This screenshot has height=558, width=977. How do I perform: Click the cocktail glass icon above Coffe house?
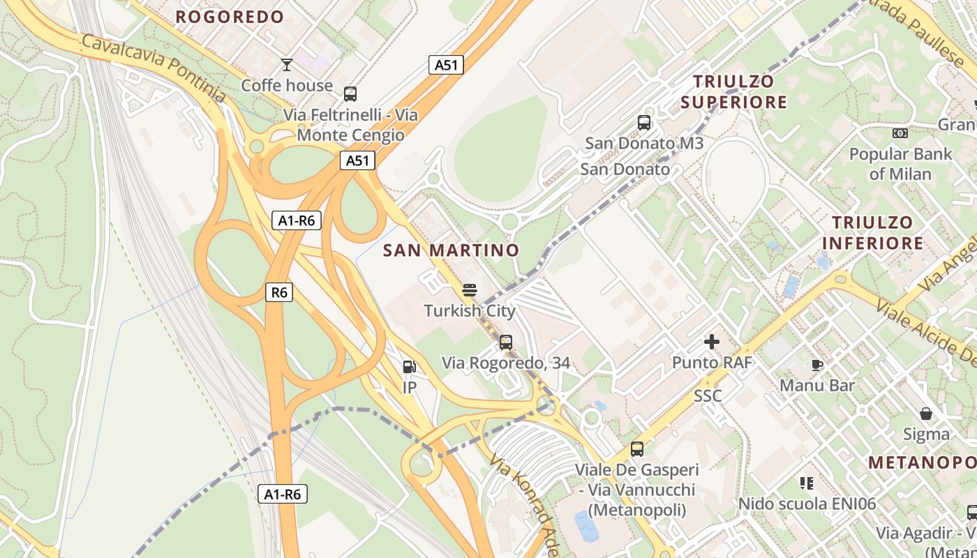pos(286,65)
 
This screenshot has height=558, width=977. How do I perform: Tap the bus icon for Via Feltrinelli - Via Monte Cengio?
pos(350,93)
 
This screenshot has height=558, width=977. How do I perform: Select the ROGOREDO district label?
pos(230,17)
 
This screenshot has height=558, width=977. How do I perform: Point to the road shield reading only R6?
pos(279,292)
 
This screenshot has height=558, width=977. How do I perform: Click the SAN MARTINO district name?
pos(451,250)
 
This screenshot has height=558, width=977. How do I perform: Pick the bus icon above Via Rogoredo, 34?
pos(506,342)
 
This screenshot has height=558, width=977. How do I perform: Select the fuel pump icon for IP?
pos(409,366)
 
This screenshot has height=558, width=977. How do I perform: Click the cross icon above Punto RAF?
pos(712,342)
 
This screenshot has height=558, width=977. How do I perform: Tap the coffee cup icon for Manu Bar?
pos(817,365)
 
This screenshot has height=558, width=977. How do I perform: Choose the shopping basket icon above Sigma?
pos(926,414)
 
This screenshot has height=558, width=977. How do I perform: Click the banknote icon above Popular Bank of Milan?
pos(900,133)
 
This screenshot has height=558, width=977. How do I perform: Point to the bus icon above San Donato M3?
pos(644,123)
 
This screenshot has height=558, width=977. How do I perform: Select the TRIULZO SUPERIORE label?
pos(733,92)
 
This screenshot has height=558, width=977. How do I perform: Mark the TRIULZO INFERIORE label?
pos(872,233)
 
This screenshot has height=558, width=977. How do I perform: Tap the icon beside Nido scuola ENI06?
pos(807,483)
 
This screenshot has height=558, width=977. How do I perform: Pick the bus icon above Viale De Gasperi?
pos(636,449)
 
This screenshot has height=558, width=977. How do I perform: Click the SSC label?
pos(708,396)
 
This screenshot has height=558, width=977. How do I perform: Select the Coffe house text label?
pos(287,86)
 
